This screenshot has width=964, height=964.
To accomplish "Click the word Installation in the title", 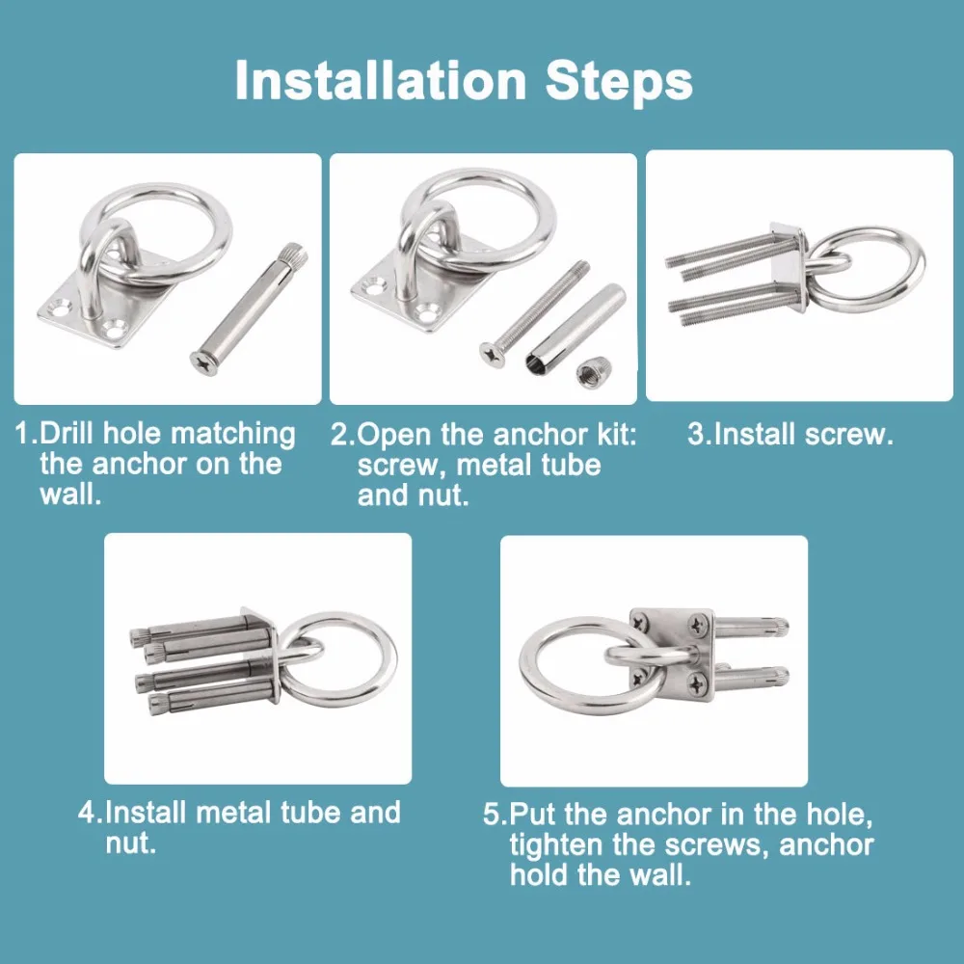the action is [x=381, y=80].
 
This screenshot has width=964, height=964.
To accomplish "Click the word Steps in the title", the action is [x=619, y=82].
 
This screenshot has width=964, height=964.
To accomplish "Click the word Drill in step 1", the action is [x=67, y=433].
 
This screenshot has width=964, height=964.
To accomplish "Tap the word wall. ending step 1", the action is [x=70, y=494].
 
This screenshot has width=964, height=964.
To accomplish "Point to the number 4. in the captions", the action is [x=91, y=812].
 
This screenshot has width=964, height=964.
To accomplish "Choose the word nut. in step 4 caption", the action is [x=131, y=843].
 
